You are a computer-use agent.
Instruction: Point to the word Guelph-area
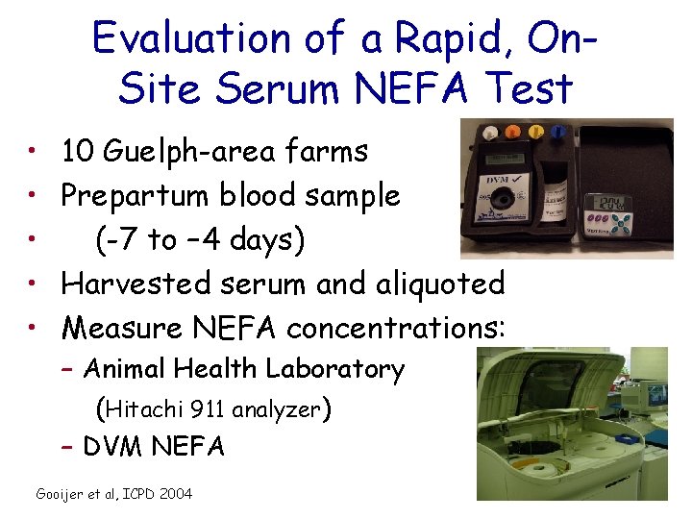[x=173, y=152]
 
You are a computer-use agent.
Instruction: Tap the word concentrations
[x=394, y=328]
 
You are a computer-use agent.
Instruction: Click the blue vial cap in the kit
[x=558, y=131]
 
